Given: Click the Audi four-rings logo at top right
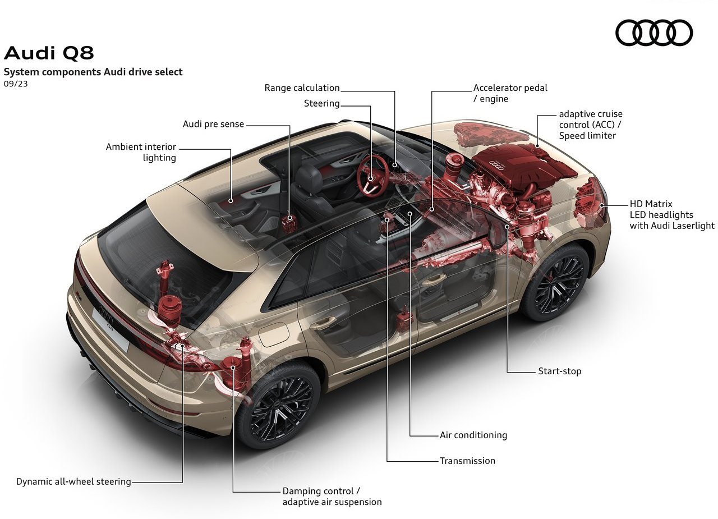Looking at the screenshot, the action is coord(654,33).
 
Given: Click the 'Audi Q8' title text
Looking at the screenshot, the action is coord(49,53).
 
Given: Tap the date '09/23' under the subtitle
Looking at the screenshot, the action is coord(16,84).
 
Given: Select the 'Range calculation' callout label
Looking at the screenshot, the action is coord(302,88).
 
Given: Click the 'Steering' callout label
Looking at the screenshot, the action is coord(321,104).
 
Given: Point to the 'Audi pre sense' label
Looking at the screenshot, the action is coord(213,124).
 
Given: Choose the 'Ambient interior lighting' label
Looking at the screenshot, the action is coord(141,152).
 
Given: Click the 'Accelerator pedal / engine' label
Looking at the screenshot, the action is coord(510,93).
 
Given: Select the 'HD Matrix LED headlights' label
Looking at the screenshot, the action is coord(672,215).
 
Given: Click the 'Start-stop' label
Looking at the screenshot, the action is coord(559,371).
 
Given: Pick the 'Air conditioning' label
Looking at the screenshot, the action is coord(473,435).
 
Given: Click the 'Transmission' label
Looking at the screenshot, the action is coord(467,461).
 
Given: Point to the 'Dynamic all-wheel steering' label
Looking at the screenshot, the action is coord(73,481).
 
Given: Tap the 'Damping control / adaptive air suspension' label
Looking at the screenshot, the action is coord(332,497).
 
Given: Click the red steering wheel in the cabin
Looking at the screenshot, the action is coord(372,176).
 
